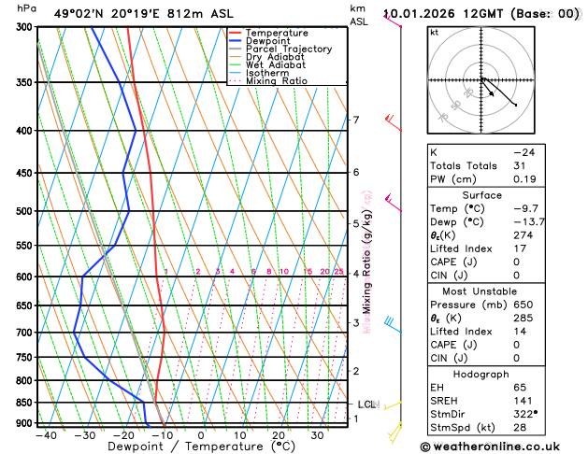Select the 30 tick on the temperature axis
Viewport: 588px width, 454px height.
click(318, 434)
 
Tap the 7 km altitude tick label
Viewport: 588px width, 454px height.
click(355, 120)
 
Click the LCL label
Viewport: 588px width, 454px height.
click(366, 404)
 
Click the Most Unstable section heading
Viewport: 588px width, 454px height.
click(486, 290)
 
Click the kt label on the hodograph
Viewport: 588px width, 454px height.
click(434, 33)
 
